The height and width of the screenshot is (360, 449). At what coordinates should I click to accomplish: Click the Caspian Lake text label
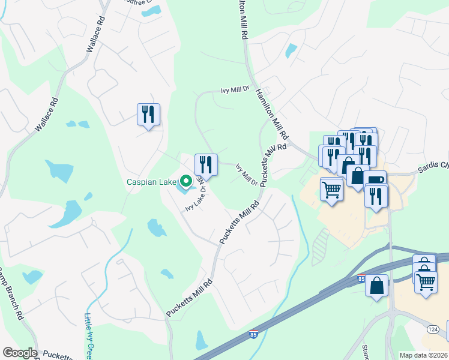click(x=151, y=182)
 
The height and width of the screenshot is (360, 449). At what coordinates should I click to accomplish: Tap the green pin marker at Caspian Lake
click(x=186, y=180)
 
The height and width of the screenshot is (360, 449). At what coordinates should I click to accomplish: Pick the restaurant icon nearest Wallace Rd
click(x=148, y=114)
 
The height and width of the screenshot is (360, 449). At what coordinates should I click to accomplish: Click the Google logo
click(x=20, y=353)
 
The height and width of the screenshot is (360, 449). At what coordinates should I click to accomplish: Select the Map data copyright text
click(x=424, y=355)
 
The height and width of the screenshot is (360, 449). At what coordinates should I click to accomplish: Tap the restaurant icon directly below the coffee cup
click(x=376, y=196)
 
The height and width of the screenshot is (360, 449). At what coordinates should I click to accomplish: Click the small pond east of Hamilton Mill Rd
click(x=292, y=50)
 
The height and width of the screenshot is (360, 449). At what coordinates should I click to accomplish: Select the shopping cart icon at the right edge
click(x=426, y=281)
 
